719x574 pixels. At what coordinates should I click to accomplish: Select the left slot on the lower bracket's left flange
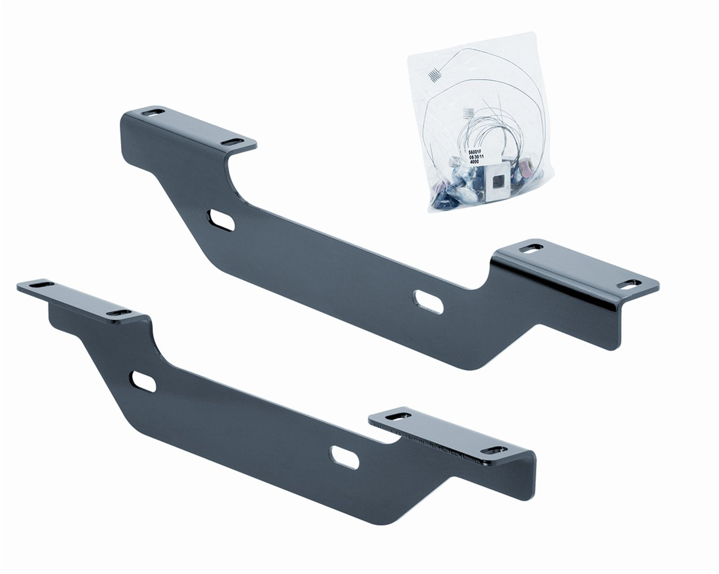[34, 286]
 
